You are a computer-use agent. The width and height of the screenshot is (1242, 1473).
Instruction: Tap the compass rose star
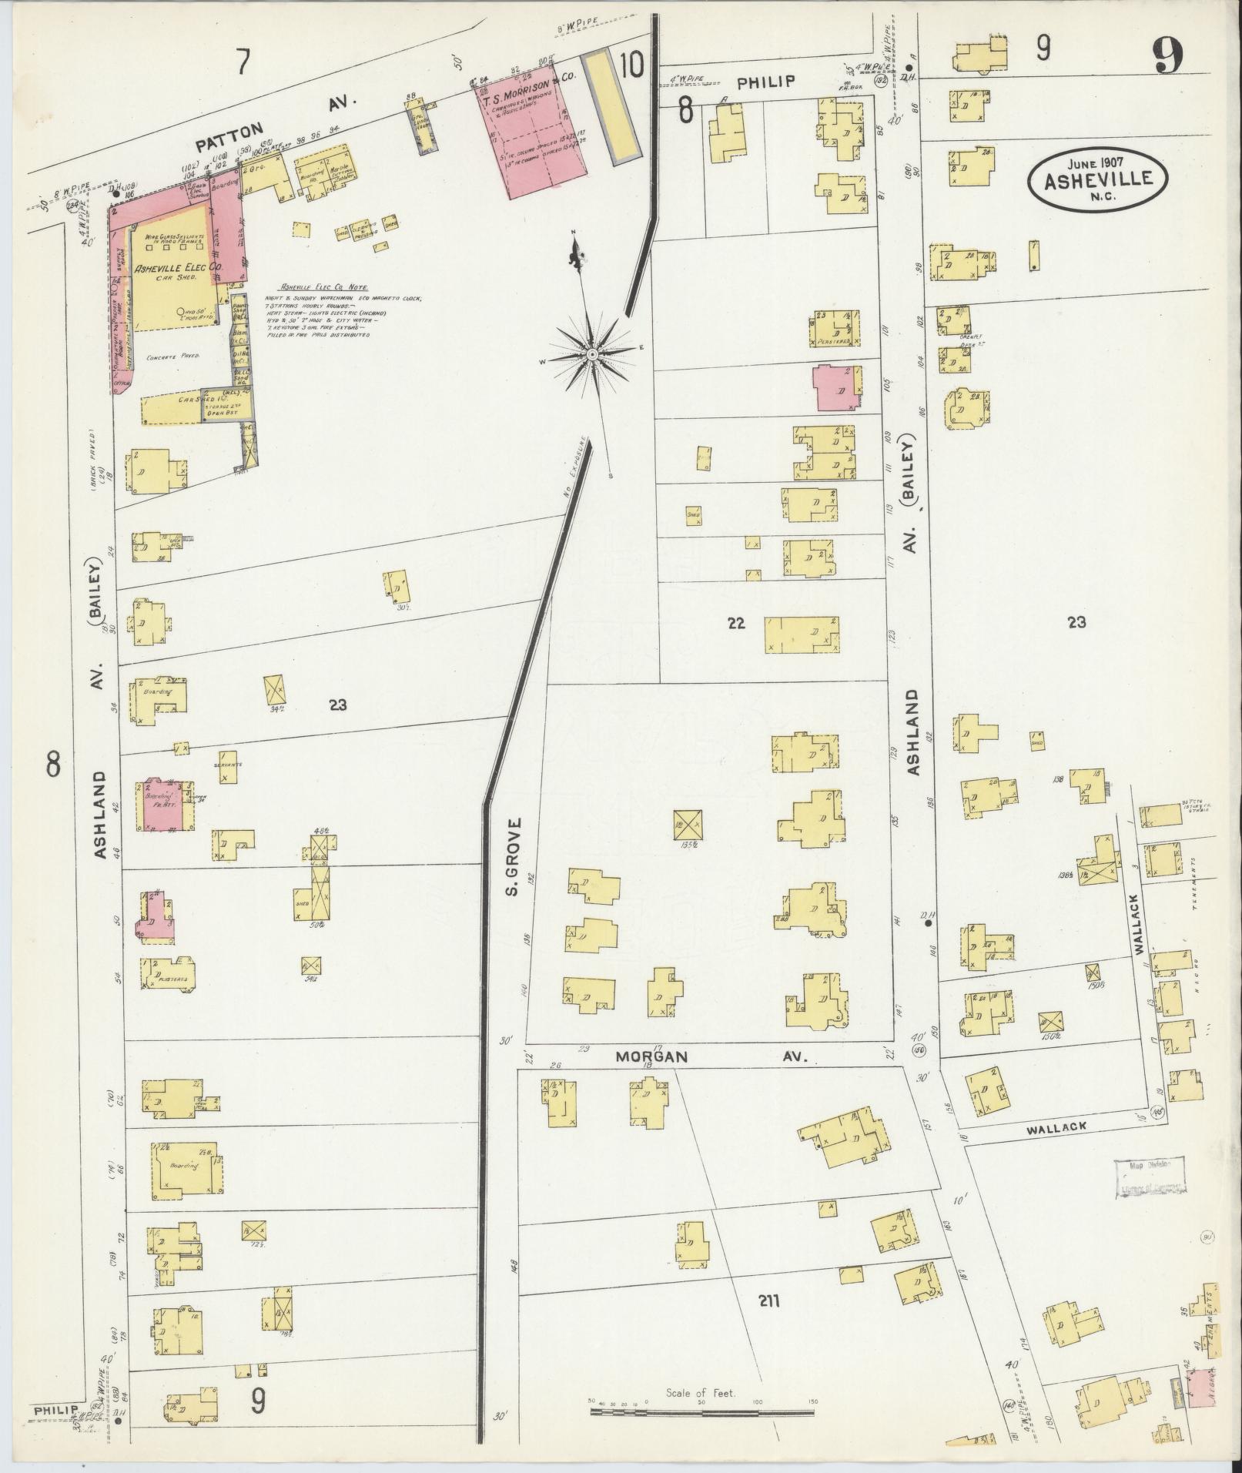[x=592, y=354]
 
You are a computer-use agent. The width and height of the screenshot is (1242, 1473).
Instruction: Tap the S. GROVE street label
[x=515, y=859]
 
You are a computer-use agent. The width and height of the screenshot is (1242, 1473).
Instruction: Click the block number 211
[x=768, y=1302]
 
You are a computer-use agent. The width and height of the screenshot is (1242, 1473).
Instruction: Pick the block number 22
[x=736, y=623]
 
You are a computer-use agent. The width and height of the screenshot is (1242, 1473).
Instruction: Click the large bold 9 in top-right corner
[x=1168, y=57]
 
